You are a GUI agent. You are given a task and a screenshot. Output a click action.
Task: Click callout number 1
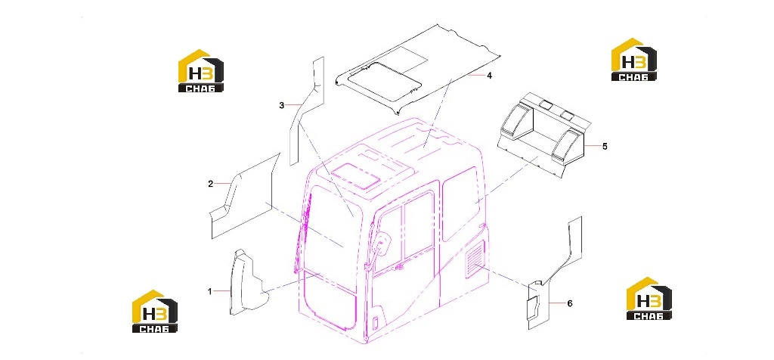coord(209,291)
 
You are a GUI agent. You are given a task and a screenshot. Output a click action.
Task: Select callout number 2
coord(210,185)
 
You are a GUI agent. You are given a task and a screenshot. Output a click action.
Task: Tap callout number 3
coord(281,105)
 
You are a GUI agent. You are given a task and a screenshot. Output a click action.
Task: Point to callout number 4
coord(489,76)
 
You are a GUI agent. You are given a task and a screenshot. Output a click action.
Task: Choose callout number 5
coord(605,146)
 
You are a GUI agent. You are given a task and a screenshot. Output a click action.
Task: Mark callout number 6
coord(570,303)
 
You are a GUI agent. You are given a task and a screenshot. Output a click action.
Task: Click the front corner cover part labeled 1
coord(248,282)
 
